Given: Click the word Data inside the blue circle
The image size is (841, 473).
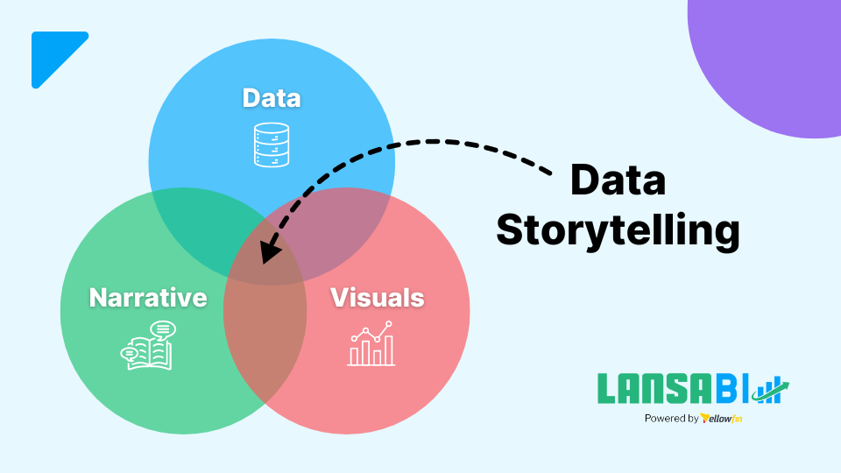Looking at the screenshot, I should tap(272, 97).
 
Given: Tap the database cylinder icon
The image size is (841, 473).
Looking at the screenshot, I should tap(272, 145).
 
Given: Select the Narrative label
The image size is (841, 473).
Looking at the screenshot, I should tap(148, 297).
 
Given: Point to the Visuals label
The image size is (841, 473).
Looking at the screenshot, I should tap(377, 297).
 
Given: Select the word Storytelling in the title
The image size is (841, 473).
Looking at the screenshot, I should tap(618, 229).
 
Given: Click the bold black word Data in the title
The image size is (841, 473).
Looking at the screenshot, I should tap(618, 180).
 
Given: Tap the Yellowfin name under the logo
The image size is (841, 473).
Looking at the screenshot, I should tap(722, 419).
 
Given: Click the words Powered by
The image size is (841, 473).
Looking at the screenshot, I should tap(671, 419).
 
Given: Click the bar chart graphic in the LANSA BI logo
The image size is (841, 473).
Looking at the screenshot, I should tap(772, 391).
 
